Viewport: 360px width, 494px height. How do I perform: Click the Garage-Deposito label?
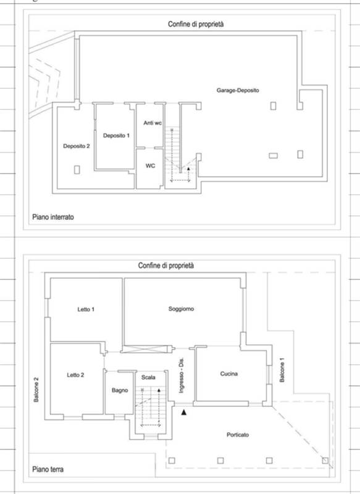tap(238, 90)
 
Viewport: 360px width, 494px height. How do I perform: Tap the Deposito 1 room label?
tap(116, 135)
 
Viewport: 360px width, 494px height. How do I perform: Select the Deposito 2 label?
tap(76, 146)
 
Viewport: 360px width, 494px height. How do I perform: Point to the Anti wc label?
tap(153, 123)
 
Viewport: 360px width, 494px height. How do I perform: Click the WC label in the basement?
tap(150, 165)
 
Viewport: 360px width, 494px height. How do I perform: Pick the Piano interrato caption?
tap(53, 217)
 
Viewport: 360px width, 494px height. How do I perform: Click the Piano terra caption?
tap(48, 469)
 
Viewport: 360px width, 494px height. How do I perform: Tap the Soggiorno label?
tap(181, 309)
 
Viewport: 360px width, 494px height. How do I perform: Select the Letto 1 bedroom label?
tap(86, 309)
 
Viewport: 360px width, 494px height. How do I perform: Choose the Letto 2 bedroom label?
tap(75, 375)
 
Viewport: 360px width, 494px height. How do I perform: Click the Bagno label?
tap(120, 390)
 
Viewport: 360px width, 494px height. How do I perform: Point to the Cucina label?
tap(229, 374)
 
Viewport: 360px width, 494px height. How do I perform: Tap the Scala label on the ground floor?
tap(148, 377)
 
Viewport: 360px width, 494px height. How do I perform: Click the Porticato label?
tap(238, 435)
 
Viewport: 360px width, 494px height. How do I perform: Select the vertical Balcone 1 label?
tap(282, 370)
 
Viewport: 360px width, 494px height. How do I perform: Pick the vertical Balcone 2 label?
tap(36, 390)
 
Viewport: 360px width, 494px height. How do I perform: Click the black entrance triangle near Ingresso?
tap(183, 412)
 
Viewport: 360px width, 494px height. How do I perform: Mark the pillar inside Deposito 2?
tap(77, 170)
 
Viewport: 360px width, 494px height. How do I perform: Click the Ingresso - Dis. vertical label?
tap(181, 375)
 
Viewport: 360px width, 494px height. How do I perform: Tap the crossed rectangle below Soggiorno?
tap(144, 349)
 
